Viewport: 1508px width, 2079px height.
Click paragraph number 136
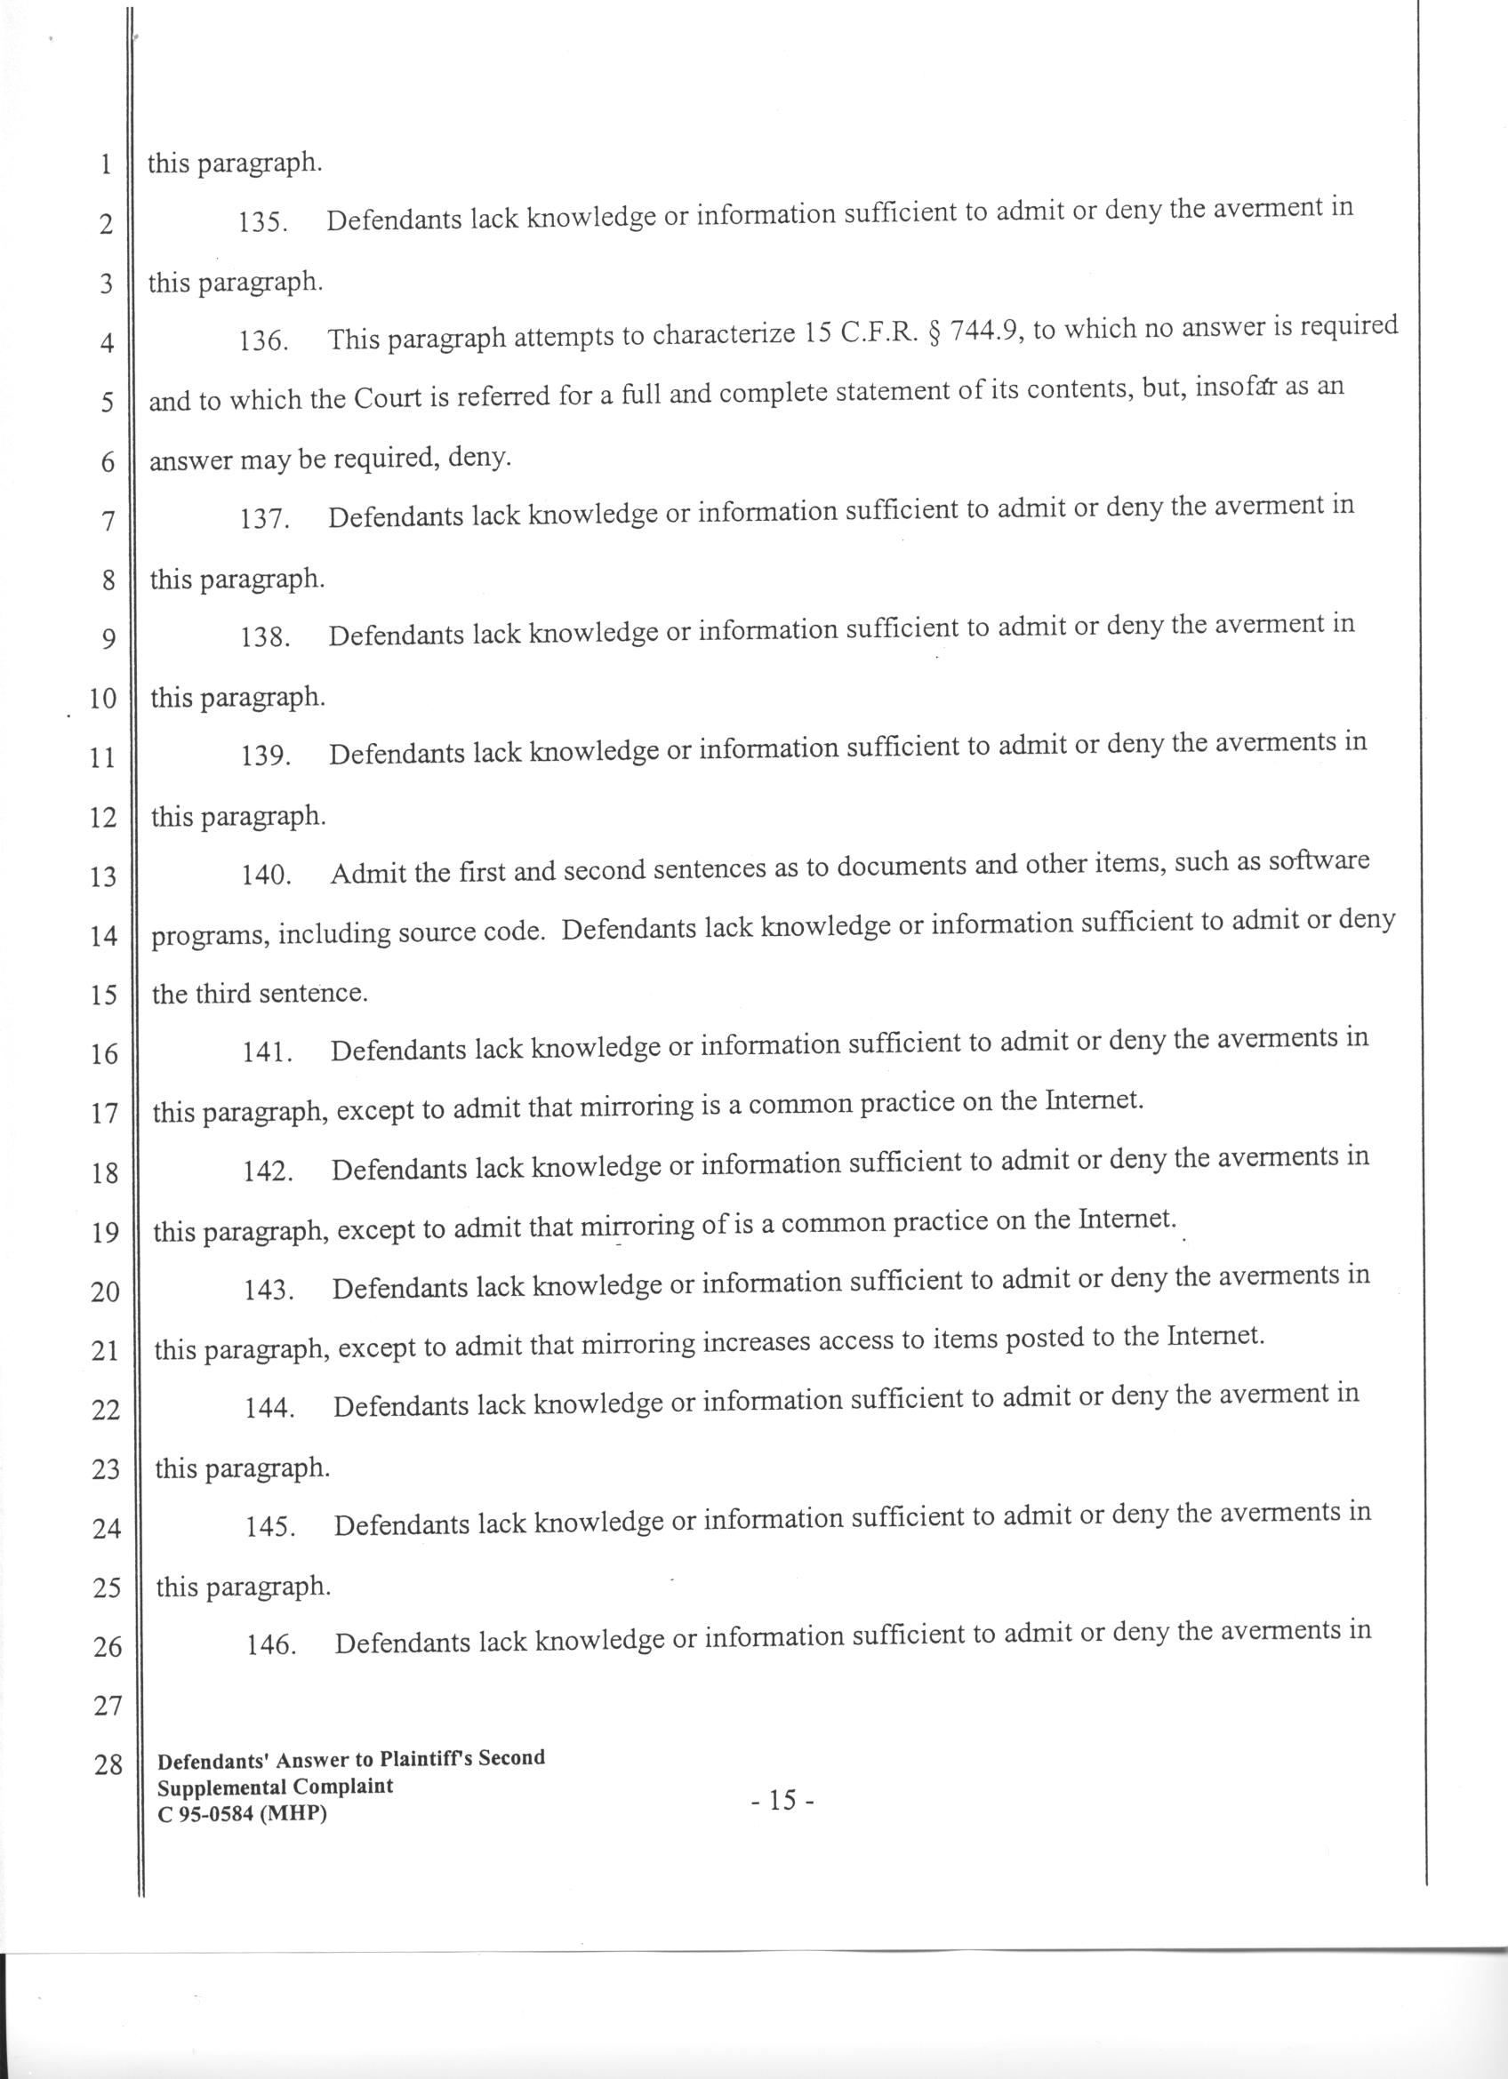(264, 341)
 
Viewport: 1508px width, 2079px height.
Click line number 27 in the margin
(108, 1706)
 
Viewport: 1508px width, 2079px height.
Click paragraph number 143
(268, 1291)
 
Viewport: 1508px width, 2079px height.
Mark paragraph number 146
(271, 1645)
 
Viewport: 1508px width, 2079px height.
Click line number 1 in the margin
(107, 166)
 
